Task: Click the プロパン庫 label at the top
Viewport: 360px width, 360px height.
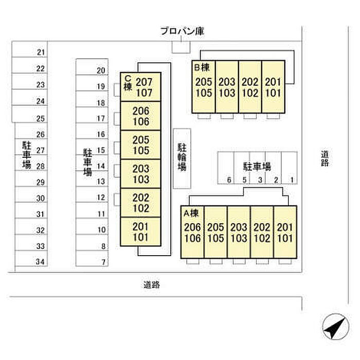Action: (x=182, y=31)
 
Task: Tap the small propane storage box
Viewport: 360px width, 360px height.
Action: (x=181, y=47)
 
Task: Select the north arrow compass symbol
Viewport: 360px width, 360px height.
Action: (x=336, y=327)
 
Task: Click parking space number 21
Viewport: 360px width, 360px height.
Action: (x=30, y=49)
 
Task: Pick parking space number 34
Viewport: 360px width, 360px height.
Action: (x=31, y=259)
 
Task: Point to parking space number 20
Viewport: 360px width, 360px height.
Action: (x=92, y=67)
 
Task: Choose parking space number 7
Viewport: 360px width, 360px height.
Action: (x=92, y=259)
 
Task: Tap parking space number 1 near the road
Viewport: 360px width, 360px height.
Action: (x=290, y=168)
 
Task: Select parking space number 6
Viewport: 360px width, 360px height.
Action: (x=226, y=168)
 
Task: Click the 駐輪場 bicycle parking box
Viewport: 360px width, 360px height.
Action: (x=182, y=158)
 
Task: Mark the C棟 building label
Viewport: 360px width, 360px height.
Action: (x=128, y=83)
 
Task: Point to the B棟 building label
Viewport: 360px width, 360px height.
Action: (x=202, y=67)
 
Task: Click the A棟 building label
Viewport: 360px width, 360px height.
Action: (x=191, y=213)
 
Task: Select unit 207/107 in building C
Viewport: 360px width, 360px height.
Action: (x=140, y=87)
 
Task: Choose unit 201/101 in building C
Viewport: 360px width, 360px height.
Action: (x=140, y=231)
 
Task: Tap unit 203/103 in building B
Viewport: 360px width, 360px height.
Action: (x=227, y=87)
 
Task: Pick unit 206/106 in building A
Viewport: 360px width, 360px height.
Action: (x=192, y=232)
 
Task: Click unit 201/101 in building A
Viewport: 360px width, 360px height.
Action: (x=285, y=232)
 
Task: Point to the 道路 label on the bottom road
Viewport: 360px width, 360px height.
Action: (x=152, y=285)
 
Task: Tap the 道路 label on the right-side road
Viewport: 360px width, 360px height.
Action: (x=325, y=158)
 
